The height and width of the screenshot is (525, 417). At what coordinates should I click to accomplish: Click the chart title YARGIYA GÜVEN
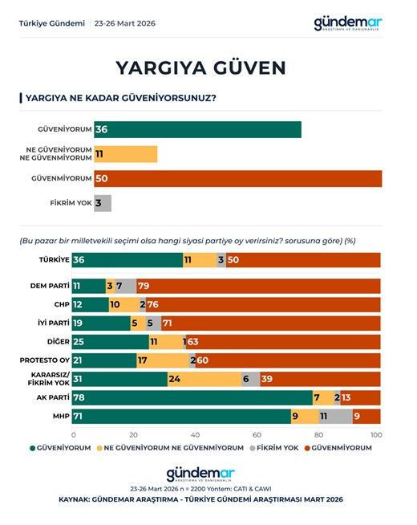pyautogui.click(x=200, y=66)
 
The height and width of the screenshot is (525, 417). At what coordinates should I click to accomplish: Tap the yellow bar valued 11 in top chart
pyautogui.click(x=125, y=154)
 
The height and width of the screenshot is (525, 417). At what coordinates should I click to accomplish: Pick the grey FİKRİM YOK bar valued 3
pyautogui.click(x=102, y=203)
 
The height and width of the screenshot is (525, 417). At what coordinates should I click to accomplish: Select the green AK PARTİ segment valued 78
pyautogui.click(x=192, y=397)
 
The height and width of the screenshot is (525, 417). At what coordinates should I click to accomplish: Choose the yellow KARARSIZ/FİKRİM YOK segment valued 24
pyautogui.click(x=204, y=379)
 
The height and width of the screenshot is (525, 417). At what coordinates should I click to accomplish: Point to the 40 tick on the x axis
pyautogui.click(x=196, y=434)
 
